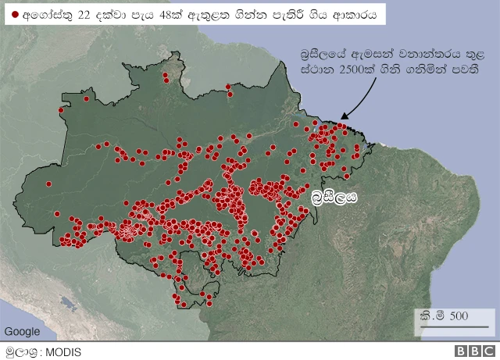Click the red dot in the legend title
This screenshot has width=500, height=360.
(x=14, y=15)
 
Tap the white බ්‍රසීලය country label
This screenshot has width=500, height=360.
(x=334, y=197)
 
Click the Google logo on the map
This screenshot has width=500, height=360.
(x=21, y=331)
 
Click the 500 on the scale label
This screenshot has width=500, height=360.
(x=459, y=315)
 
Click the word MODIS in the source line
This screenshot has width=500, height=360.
(x=63, y=351)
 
